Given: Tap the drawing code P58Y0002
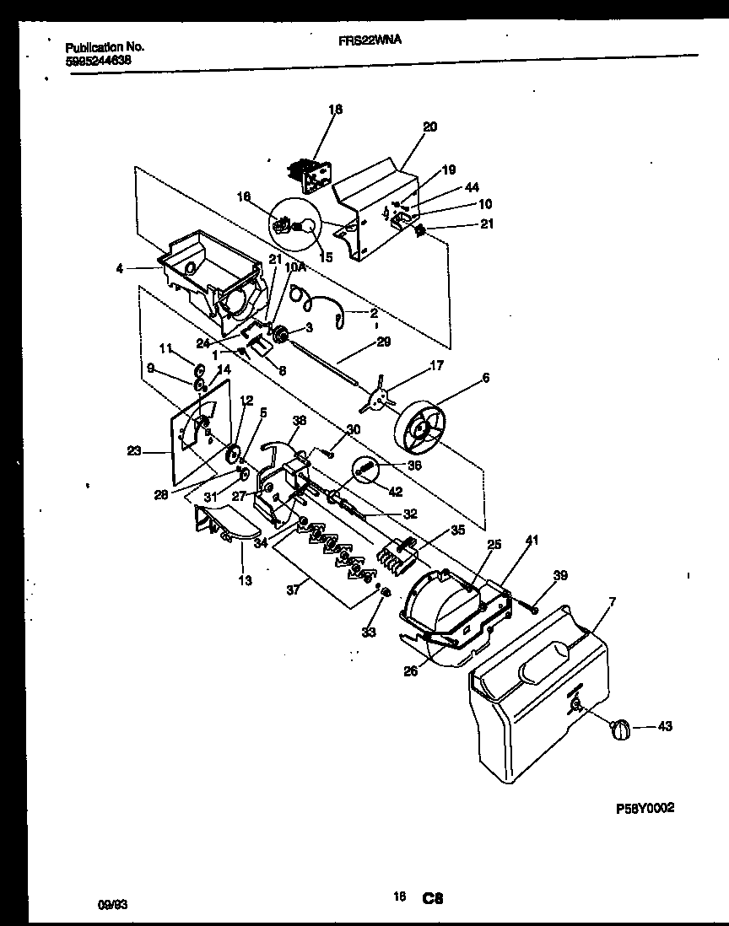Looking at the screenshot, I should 645,807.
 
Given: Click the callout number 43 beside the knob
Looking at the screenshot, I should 665,727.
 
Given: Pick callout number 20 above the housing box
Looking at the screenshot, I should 429,127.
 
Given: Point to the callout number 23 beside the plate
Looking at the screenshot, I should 133,451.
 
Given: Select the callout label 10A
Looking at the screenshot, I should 294,266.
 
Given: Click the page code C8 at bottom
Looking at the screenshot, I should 433,900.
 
